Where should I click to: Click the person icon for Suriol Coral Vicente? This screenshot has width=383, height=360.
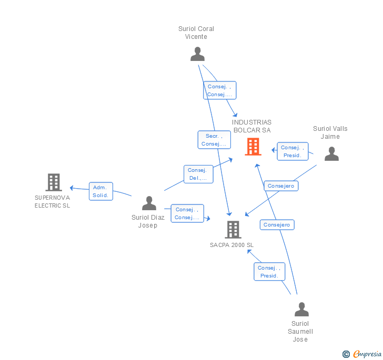[x=197, y=54]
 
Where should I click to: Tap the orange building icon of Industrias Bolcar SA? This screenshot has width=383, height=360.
[x=253, y=147]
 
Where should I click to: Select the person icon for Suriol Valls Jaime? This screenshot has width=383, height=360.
[x=331, y=153]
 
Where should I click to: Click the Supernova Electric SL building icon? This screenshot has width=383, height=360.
[x=54, y=182]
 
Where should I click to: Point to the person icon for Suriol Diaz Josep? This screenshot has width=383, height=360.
[x=149, y=203]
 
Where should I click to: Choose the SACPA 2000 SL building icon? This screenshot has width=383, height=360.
[x=233, y=230]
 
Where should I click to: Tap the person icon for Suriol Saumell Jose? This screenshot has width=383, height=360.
[x=301, y=310]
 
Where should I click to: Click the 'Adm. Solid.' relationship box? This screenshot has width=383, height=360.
[x=100, y=191]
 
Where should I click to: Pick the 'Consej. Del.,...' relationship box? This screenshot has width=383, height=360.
[x=199, y=174]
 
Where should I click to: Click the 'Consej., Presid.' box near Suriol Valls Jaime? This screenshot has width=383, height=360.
[x=292, y=151]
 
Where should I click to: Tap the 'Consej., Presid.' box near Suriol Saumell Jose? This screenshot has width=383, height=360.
[x=269, y=272]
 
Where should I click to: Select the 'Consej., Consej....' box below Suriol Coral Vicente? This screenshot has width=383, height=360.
[x=220, y=90]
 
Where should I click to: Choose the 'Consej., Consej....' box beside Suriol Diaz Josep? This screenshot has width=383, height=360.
[x=187, y=213]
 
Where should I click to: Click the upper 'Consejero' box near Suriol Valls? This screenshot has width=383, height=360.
[x=281, y=186]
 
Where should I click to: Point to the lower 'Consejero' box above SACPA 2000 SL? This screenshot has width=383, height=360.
[x=277, y=225]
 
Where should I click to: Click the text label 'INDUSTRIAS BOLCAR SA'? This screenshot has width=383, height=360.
[x=251, y=126]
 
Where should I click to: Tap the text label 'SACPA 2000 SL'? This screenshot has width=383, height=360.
[x=231, y=245]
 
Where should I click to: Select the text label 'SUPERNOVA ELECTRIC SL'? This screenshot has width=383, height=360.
[x=52, y=202]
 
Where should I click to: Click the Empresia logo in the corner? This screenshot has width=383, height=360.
[x=362, y=354]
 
